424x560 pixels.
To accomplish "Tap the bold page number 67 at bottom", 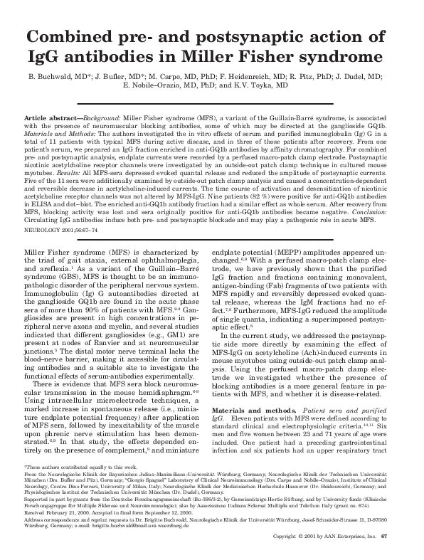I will click(403, 555).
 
